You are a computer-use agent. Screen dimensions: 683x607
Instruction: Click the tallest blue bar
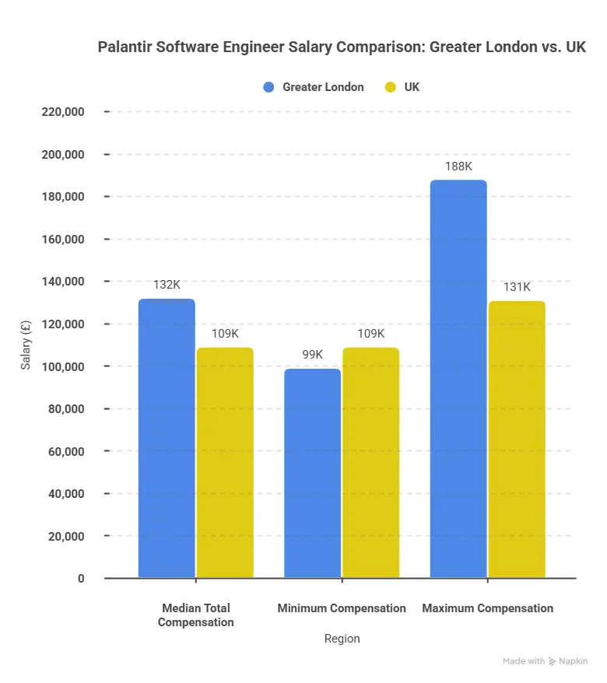(x=458, y=378)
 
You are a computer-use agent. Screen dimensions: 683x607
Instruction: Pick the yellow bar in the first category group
(x=225, y=461)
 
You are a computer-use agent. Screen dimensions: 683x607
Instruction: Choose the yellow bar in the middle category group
(x=370, y=461)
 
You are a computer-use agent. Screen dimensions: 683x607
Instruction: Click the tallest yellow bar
(x=517, y=438)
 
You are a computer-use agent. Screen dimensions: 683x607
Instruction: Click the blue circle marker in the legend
(x=268, y=87)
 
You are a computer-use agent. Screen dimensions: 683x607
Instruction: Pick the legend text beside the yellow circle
(x=413, y=87)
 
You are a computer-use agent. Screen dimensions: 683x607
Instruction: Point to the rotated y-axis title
(x=26, y=345)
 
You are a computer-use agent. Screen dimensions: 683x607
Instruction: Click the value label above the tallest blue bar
(x=458, y=167)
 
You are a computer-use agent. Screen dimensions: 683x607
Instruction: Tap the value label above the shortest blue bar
(x=311, y=356)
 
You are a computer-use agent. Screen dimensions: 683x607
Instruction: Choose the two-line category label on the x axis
(x=195, y=615)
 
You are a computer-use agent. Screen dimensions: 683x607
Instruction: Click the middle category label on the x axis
(x=342, y=609)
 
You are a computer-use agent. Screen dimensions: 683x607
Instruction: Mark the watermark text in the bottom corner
(x=544, y=660)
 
